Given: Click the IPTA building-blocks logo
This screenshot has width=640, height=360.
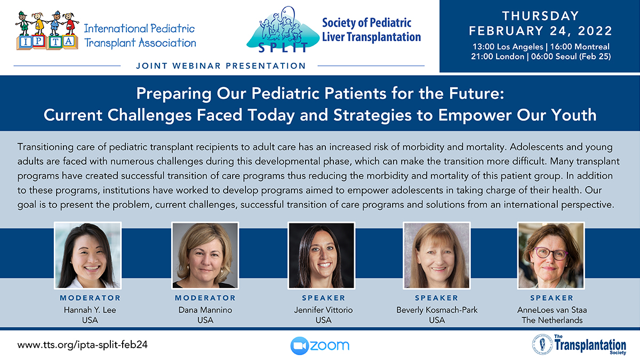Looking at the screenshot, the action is pos(47,30).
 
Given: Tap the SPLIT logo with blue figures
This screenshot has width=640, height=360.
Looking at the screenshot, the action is pos(283,30).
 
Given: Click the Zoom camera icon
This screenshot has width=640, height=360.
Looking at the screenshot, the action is pos(299,346).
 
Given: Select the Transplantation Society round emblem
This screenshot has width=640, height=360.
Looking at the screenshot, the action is pos(542,345).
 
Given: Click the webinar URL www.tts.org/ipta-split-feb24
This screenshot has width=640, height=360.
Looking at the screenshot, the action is pos(82,345).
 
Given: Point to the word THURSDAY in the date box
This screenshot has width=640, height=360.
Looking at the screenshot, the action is pos(541,16).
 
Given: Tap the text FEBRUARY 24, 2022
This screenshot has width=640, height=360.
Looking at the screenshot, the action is pos(541,31).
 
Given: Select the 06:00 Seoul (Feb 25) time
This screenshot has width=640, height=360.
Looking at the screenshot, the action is pos(571,57).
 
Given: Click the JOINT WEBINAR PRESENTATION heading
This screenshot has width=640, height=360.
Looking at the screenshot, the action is pos(221,66).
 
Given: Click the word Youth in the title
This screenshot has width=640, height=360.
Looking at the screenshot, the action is pos(574,115).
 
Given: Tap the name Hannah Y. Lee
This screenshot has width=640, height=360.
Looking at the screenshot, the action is pos(90,310).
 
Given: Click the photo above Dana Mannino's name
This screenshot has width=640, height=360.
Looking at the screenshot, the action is pos(205,255).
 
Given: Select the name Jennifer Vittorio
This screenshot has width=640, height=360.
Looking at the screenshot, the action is pos(323,310).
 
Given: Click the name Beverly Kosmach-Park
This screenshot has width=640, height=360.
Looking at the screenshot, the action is pos(437,310).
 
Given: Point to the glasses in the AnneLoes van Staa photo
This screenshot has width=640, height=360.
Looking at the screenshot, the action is pos(551,253).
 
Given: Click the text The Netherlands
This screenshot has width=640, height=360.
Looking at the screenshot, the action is pos(552,321).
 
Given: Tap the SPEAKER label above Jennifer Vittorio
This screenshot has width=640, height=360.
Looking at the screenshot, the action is pos(323,298).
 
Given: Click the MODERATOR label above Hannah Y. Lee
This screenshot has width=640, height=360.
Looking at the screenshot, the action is pos(90,298).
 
